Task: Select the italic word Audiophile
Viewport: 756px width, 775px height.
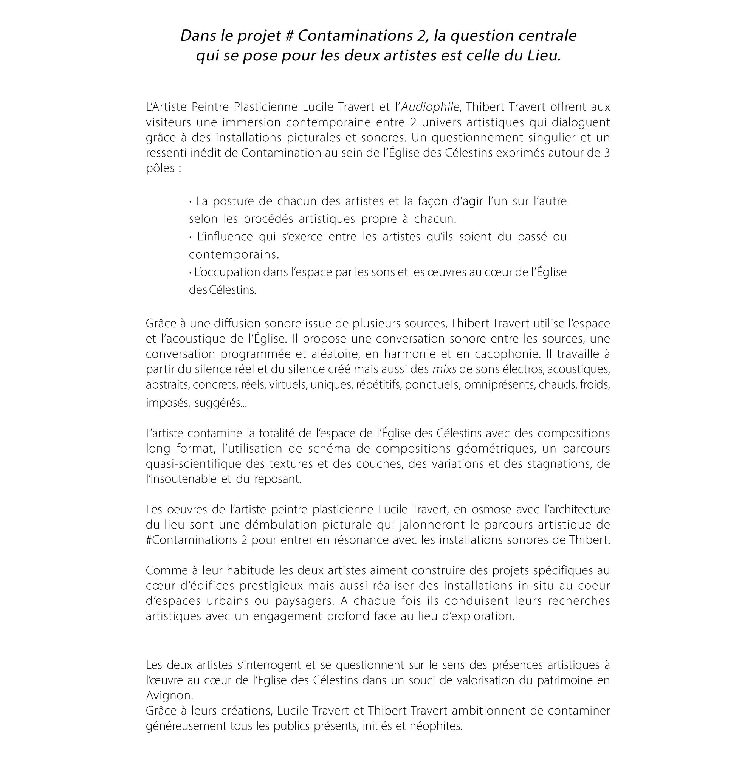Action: point(431,107)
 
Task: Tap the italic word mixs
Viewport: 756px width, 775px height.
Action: point(444,369)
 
